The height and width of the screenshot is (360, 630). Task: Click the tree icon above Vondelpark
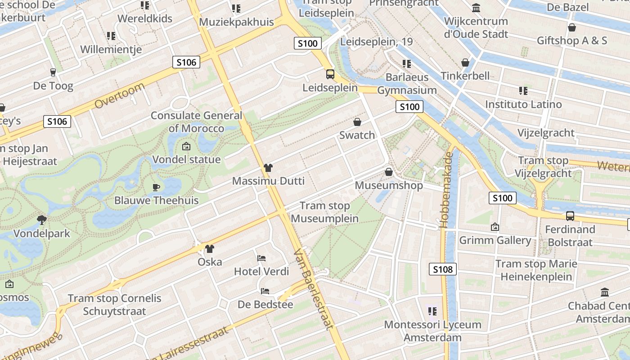[x=42, y=220]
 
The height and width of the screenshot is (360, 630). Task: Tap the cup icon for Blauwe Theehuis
[x=156, y=187]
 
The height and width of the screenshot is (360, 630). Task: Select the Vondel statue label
[x=186, y=160]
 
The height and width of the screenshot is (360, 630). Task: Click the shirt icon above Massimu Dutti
[x=268, y=168]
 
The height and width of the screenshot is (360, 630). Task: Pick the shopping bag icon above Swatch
[x=357, y=122]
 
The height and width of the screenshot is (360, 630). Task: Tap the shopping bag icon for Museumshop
[x=389, y=172]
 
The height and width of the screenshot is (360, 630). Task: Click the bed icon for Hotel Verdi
[x=261, y=258]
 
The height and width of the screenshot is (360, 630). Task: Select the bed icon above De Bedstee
[x=265, y=291]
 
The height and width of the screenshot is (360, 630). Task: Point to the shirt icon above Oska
[x=210, y=248]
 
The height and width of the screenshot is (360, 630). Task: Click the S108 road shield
[x=442, y=269]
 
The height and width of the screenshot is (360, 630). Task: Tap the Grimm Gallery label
[x=495, y=240]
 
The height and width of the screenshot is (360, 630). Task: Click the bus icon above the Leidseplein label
[x=330, y=74]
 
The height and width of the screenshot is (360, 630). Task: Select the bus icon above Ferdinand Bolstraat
[x=570, y=216]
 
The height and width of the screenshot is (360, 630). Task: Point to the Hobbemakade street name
[x=448, y=190]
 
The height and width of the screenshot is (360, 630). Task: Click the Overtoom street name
[x=120, y=95]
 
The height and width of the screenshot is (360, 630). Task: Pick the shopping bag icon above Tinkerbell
[x=465, y=63]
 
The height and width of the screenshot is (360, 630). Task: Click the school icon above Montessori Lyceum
[x=432, y=311]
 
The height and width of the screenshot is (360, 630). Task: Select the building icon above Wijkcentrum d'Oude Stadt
[x=476, y=8]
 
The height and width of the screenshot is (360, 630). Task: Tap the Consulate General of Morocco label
[x=196, y=122]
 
